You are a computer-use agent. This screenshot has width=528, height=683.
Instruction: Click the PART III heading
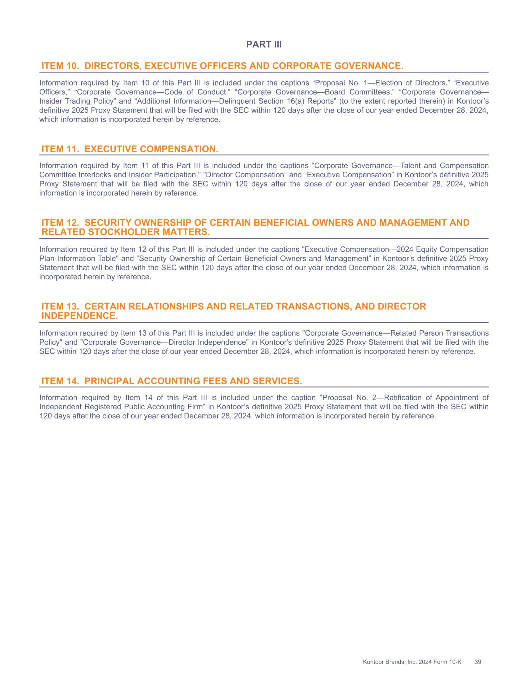click(x=264, y=45)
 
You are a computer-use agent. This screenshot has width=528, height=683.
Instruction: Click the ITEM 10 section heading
click(x=222, y=66)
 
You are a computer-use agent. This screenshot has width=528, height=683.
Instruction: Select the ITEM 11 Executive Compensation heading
click(x=130, y=149)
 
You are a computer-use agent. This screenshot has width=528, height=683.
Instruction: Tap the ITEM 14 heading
click(x=172, y=381)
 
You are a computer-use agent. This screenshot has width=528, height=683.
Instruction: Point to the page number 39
click(x=478, y=662)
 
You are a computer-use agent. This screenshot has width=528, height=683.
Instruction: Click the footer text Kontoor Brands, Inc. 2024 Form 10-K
click(x=412, y=662)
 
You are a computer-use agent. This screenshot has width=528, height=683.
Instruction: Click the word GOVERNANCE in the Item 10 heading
click(x=368, y=66)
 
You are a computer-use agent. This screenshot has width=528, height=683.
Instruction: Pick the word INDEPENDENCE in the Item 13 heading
click(x=79, y=316)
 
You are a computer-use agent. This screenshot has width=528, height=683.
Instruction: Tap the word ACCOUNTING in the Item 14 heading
click(x=179, y=381)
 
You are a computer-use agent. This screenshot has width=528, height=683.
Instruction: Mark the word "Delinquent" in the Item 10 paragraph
click(x=234, y=101)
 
